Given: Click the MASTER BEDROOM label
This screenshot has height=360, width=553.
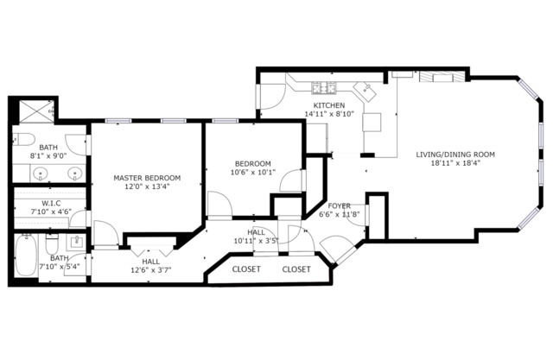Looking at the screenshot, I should click(146, 179).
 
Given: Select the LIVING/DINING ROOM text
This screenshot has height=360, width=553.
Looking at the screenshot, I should click(455, 155).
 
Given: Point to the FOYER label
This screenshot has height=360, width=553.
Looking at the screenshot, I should click(340, 205).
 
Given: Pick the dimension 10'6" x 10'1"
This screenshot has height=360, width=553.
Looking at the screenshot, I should click(253, 172).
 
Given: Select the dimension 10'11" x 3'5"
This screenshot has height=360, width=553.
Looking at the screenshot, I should click(257, 242).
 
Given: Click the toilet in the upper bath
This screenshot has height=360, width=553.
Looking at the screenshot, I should click(23, 140).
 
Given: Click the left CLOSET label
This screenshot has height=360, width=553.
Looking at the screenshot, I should click(247, 269).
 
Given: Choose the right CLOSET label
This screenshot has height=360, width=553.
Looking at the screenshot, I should click(296, 269).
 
